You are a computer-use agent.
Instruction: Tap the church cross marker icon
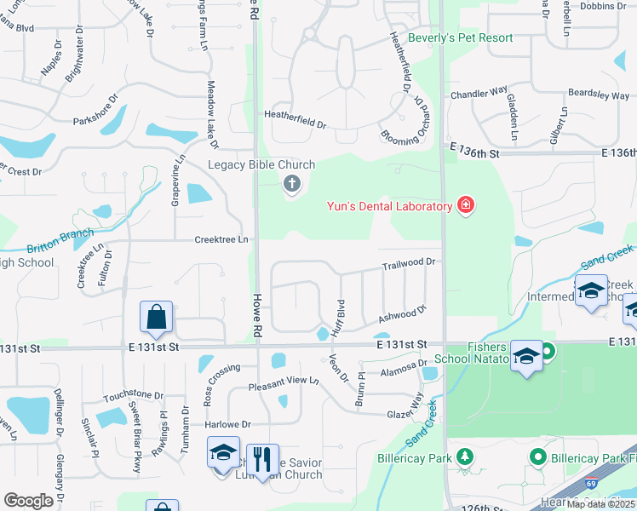coord(292,182)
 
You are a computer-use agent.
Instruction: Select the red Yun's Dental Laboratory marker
coord(466,204)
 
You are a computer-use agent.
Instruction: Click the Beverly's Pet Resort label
coord(473,38)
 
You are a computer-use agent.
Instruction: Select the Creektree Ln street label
coord(221,240)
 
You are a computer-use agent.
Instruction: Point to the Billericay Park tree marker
coord(465,457)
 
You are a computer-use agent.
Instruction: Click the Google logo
coord(28,501)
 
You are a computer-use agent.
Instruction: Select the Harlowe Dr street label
coord(228,424)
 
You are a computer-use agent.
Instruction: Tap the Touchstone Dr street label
coord(133,396)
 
